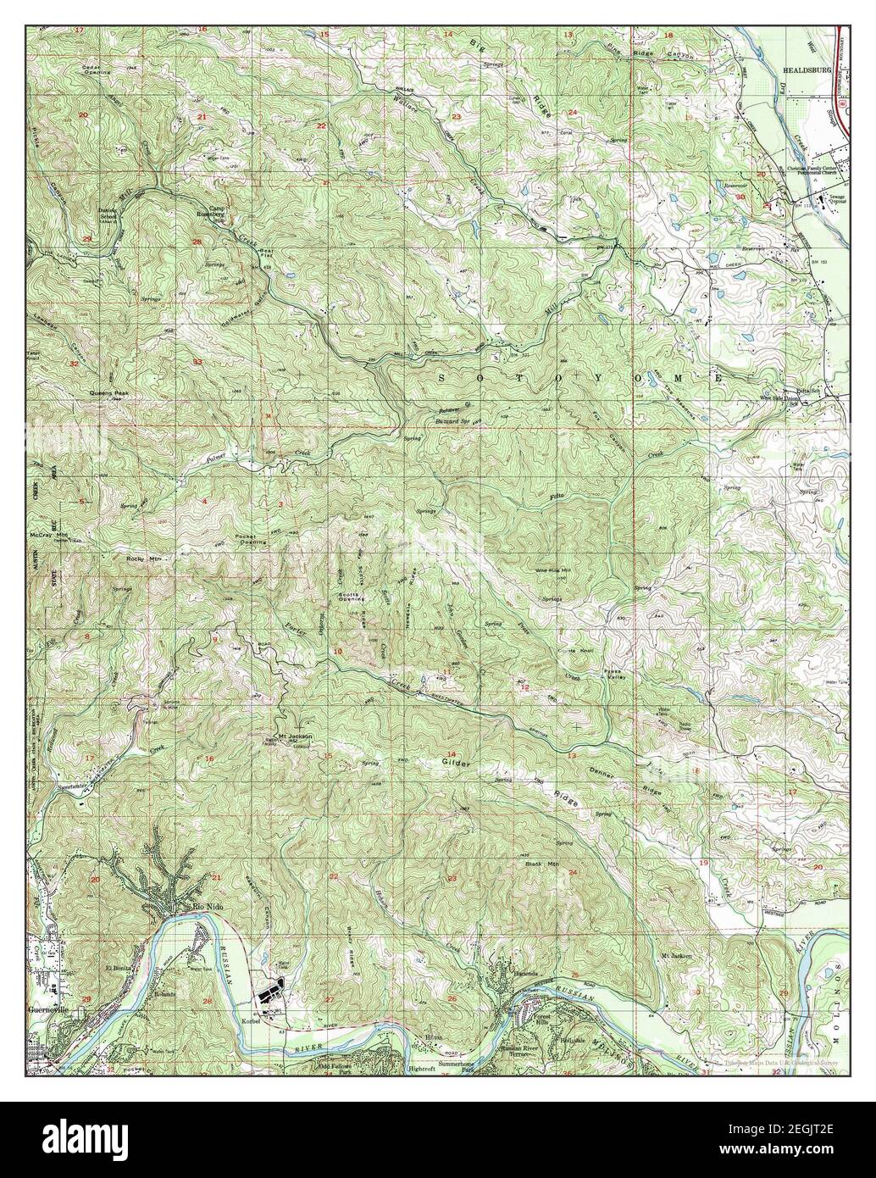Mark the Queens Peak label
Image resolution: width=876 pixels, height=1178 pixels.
pos(110,394)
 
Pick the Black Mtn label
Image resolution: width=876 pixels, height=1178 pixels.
pos(539,864)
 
